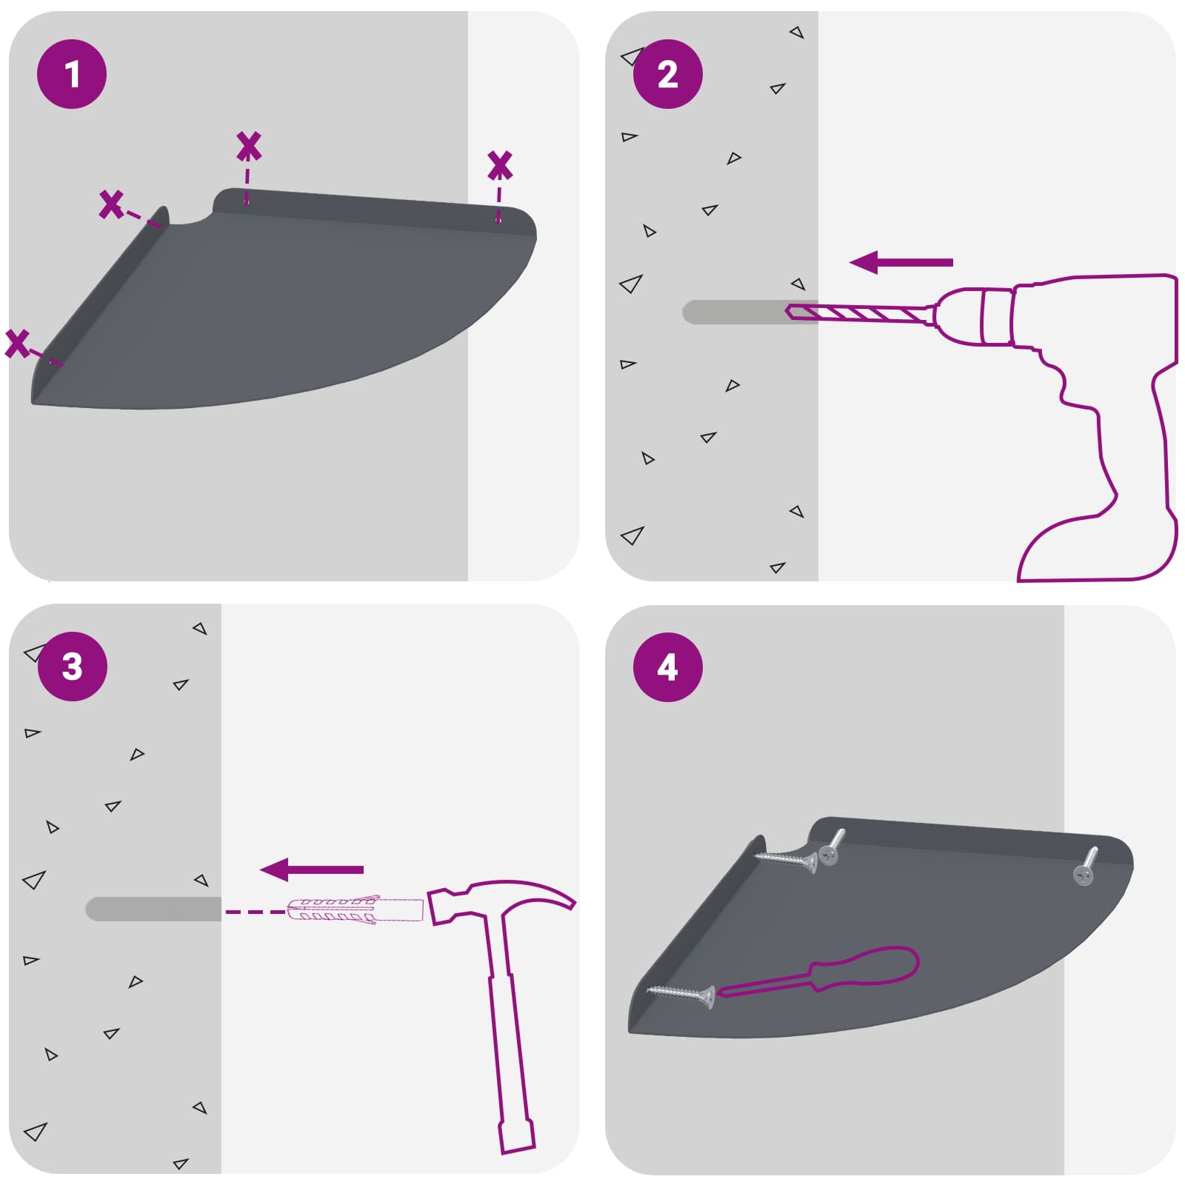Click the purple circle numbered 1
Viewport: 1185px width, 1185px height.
pos(72,74)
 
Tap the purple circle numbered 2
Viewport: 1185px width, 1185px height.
pos(667,74)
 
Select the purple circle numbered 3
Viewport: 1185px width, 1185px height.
pos(72,667)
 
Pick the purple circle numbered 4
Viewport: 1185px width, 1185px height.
pos(667,667)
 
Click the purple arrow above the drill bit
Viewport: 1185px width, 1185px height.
pos(901,262)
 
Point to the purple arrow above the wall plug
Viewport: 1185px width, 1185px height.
pos(312,869)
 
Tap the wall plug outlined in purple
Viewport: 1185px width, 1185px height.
pos(354,909)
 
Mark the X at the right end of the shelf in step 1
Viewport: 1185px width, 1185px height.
pos(500,165)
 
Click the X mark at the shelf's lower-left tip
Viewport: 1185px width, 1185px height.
pos(17,344)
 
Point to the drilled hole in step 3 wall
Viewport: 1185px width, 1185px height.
pos(153,909)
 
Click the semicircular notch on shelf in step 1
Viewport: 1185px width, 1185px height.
pos(191,216)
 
